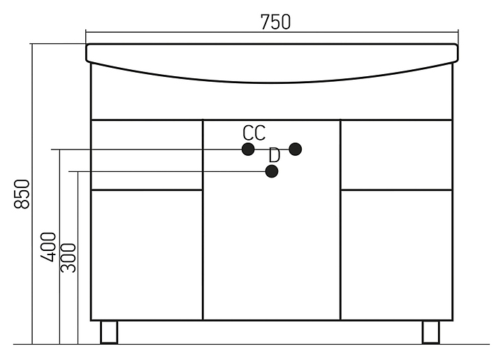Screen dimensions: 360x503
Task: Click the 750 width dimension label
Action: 275,22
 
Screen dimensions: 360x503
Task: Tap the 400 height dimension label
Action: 48,247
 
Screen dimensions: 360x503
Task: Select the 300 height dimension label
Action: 68,257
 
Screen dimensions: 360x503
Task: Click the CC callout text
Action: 254,132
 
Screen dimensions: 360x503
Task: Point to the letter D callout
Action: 274,154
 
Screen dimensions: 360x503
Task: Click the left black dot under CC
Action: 247,149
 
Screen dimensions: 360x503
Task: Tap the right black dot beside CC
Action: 295,149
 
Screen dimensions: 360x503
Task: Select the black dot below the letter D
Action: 272,171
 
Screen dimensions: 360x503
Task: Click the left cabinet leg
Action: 110,332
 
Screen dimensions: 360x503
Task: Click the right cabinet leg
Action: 430,332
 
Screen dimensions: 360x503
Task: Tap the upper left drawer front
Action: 147,154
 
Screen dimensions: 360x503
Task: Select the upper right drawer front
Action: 396,154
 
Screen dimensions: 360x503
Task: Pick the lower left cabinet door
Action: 147,254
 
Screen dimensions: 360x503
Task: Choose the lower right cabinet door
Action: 396,254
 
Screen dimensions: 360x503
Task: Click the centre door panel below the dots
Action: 271,252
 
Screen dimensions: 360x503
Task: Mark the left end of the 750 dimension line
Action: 86,32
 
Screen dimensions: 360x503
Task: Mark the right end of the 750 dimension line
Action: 458,32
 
